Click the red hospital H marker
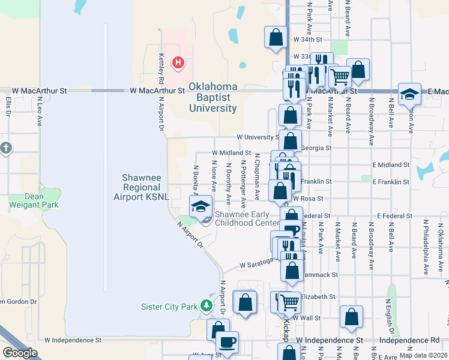[178, 62]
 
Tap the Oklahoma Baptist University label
[213, 98]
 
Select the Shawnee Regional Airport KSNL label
[146, 187]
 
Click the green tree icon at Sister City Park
[206, 306]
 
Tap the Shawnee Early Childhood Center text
[247, 219]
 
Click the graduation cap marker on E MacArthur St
[409, 94]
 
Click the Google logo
[20, 353]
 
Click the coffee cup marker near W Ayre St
[227, 342]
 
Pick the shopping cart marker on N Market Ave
[339, 76]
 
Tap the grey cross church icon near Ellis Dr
[5, 148]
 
